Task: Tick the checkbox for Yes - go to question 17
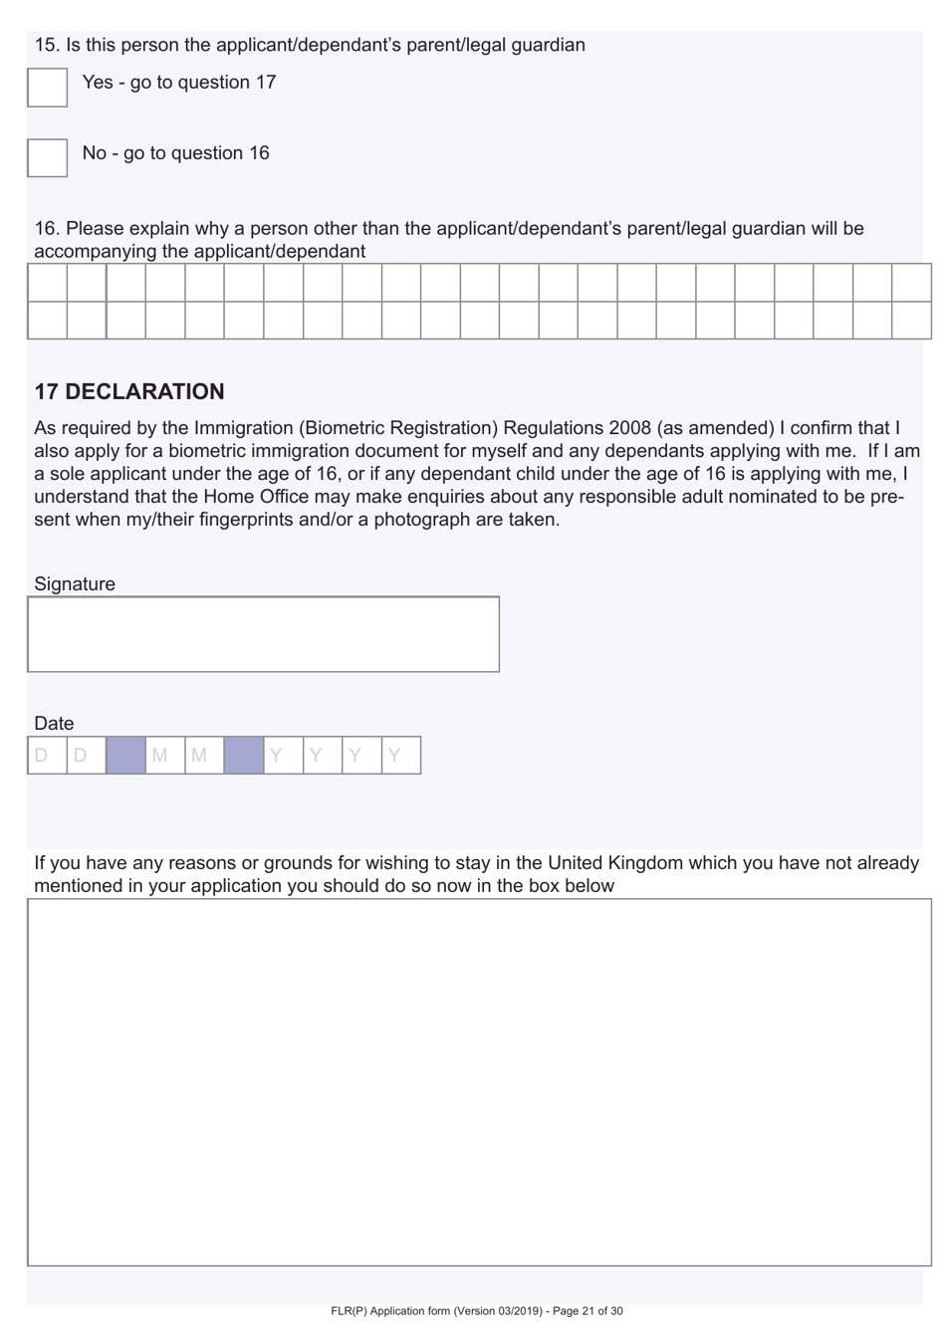[x=47, y=88]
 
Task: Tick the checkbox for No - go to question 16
[x=47, y=157]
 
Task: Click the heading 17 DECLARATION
[x=129, y=392]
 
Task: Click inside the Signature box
[x=263, y=634]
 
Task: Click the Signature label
[x=75, y=584]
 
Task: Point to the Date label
[x=54, y=724]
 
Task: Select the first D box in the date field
[x=47, y=756]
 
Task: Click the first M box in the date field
[x=165, y=756]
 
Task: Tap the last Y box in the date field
[x=401, y=756]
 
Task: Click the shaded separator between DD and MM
[x=125, y=756]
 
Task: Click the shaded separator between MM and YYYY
[x=244, y=756]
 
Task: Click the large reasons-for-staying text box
[x=479, y=1081]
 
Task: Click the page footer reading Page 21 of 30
[x=588, y=1311]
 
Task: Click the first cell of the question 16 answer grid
[x=47, y=283]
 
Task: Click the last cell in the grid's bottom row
[x=911, y=320]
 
